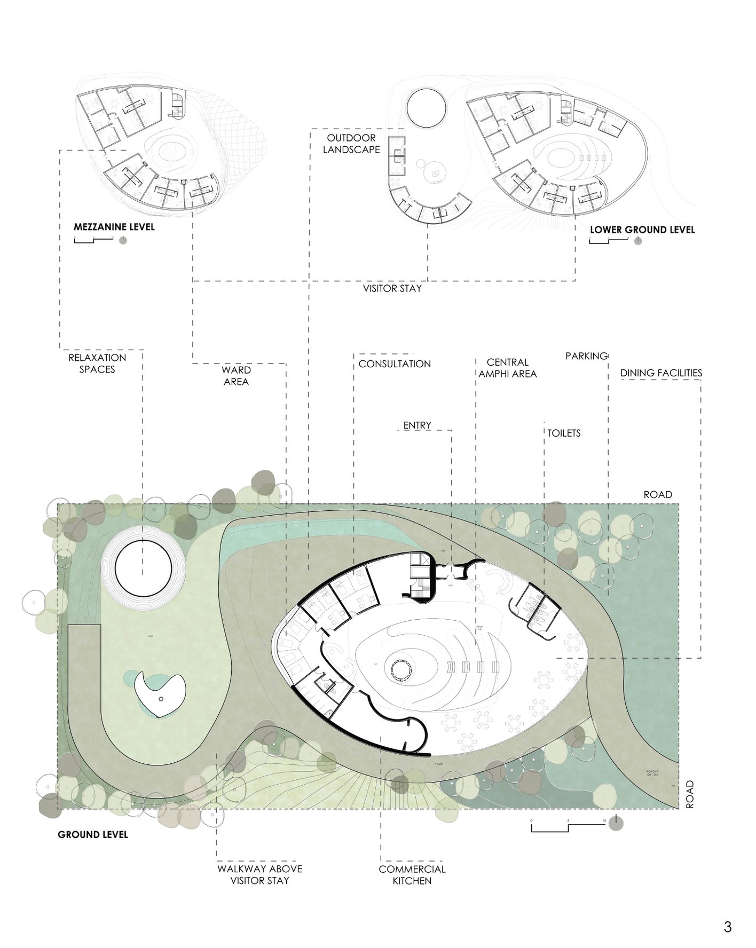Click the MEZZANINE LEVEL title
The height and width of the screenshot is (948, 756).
click(x=114, y=227)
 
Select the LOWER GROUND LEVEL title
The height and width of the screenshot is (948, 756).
click(x=642, y=230)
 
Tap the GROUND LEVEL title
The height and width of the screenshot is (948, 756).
click(x=92, y=834)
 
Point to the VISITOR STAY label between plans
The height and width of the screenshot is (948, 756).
click(x=392, y=289)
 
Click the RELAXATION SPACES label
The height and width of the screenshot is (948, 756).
click(x=97, y=364)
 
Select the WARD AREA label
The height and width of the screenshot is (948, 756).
click(x=236, y=376)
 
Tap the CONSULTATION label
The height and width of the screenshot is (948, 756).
click(x=395, y=364)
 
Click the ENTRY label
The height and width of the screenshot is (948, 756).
click(x=417, y=425)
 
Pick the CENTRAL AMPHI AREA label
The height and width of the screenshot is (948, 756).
click(x=507, y=368)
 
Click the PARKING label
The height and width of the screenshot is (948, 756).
click(x=586, y=356)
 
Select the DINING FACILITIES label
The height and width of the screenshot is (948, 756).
click(x=661, y=373)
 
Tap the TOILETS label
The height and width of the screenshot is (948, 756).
click(x=564, y=433)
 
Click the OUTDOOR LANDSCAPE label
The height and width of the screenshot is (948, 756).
click(x=351, y=144)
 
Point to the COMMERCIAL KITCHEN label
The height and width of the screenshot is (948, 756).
click(x=412, y=875)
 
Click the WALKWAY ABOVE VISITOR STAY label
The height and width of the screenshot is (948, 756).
click(x=259, y=875)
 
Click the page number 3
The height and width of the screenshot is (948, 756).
click(x=728, y=927)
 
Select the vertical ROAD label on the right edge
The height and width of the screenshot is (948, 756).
click(x=690, y=794)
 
